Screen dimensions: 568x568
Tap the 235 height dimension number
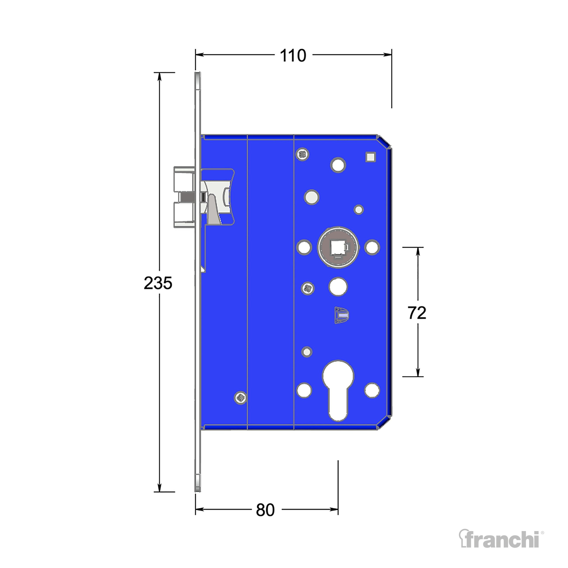(158, 283)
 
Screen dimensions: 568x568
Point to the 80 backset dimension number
(265, 510)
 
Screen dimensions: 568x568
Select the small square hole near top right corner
(371, 157)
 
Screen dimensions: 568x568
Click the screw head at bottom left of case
(241, 398)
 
